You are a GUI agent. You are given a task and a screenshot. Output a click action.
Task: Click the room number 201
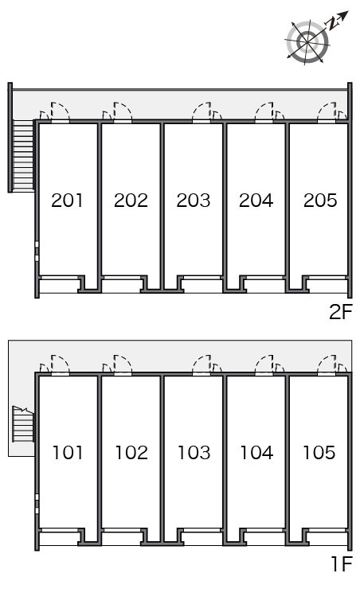[67, 201]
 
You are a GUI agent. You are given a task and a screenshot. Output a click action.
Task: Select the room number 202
[131, 201]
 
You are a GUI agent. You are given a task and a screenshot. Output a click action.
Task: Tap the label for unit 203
[194, 201]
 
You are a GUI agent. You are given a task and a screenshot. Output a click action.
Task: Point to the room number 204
[256, 201]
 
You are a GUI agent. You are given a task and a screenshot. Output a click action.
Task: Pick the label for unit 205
[320, 201]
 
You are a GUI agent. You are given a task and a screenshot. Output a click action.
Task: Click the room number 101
[68, 453]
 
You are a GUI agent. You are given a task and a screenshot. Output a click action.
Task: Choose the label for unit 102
[131, 453]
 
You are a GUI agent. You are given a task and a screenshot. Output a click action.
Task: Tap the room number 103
[194, 453]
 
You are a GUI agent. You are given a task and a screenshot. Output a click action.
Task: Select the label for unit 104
[256, 453]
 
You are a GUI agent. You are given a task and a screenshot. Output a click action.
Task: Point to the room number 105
[319, 453]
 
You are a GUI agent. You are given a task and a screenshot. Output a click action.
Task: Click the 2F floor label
[341, 312]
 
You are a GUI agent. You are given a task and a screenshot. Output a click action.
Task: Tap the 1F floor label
[342, 564]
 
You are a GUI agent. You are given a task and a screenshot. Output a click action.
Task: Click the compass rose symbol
[307, 41]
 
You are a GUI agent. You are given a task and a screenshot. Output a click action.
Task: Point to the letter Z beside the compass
[334, 24]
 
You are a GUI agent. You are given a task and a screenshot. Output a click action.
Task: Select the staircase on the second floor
[23, 155]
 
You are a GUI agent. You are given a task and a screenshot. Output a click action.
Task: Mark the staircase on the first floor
[23, 424]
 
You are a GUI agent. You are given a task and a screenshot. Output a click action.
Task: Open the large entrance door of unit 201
[60, 111]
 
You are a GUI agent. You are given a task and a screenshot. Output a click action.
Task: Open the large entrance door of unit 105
[327, 365]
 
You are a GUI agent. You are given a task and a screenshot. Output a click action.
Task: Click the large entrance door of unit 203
[202, 111]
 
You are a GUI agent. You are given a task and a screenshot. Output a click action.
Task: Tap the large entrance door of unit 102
[123, 365]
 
